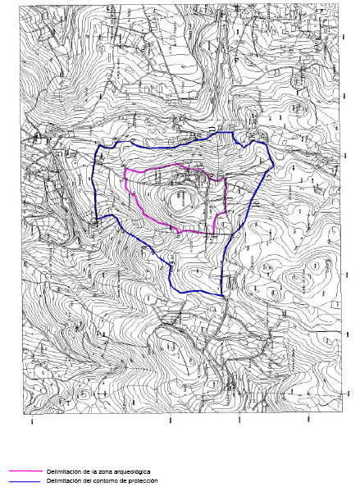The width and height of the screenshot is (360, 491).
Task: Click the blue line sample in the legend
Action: pyautogui.click(x=25, y=481)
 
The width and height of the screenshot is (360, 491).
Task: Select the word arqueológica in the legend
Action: pyautogui.click(x=135, y=473)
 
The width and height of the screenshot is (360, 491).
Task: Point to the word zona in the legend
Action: pyautogui.click(x=107, y=473)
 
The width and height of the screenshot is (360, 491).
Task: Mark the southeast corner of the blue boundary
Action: pyautogui.click(x=222, y=295)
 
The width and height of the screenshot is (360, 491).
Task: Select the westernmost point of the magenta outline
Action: pyautogui.click(x=123, y=182)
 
